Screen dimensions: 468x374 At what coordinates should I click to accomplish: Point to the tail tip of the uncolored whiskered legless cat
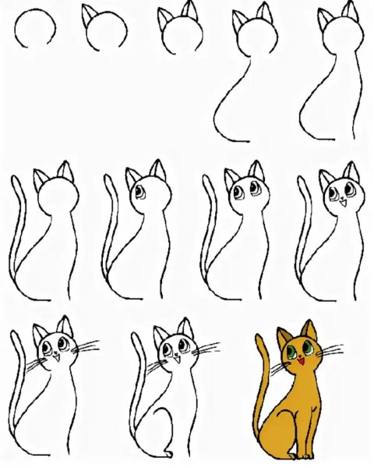(x=16, y=337)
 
